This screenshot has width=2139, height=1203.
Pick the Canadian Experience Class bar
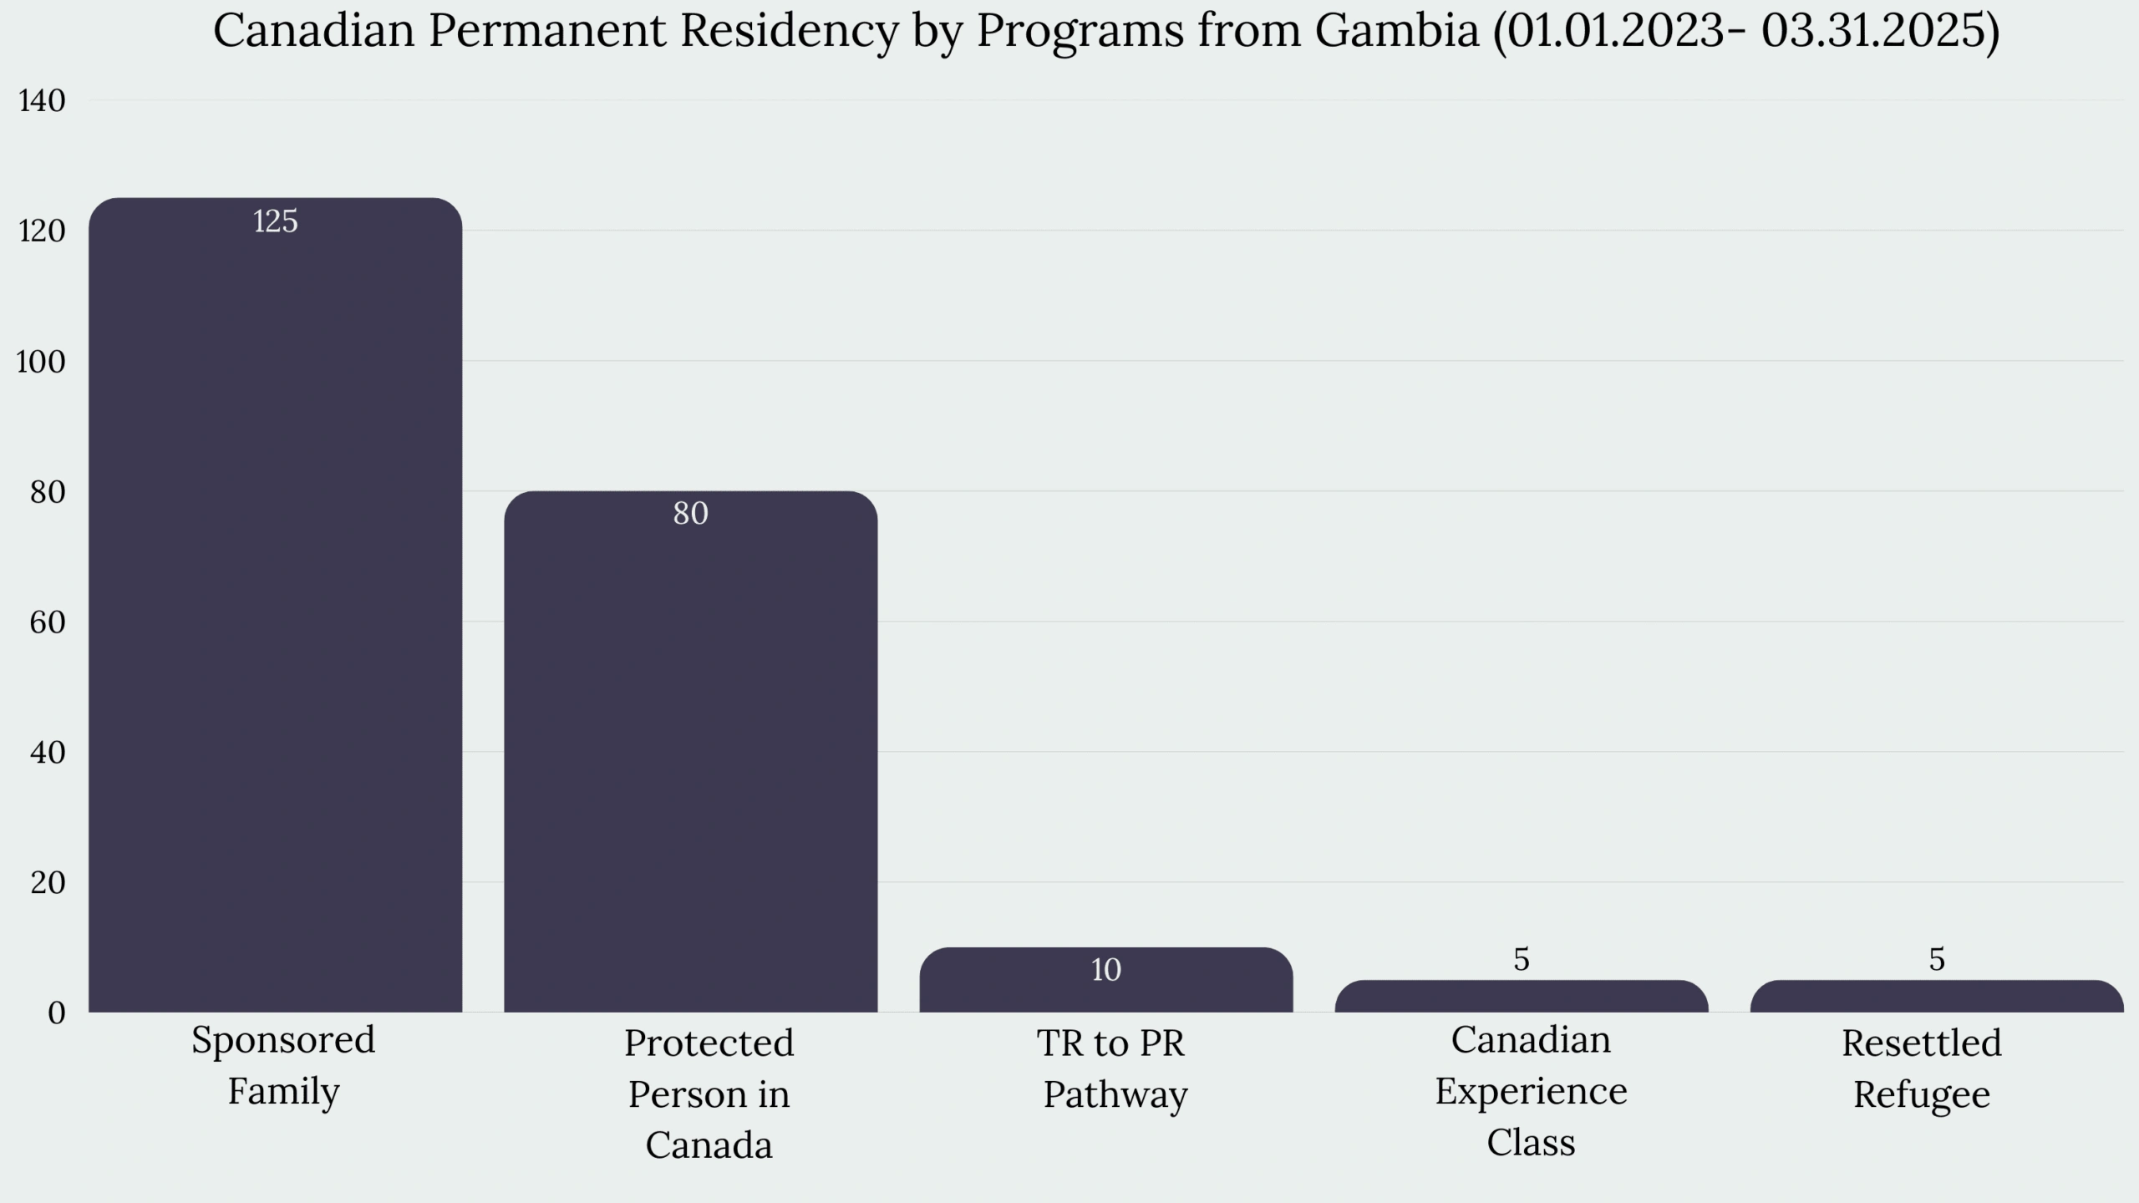pos(1521,997)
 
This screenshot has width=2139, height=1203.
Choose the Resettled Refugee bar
pos(1936,997)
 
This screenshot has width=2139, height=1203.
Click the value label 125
pos(275,221)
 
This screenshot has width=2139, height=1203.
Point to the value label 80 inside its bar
pos(690,513)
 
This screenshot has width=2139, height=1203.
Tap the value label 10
pos(1105,970)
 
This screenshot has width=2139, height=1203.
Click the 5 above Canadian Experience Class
pos(1521,960)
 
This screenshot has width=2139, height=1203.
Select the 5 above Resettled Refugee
pos(1936,960)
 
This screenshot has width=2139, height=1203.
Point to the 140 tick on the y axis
pos(41,101)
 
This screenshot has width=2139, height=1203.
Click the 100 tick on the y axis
pos(41,362)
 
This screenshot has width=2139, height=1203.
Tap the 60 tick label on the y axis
pos(47,622)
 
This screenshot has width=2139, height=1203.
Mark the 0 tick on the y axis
pos(56,1013)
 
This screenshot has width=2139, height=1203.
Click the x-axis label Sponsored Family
pos(283,1065)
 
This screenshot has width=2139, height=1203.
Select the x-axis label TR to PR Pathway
pos(1113,1068)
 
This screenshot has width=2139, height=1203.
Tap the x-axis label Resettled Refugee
pos(1922,1068)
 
